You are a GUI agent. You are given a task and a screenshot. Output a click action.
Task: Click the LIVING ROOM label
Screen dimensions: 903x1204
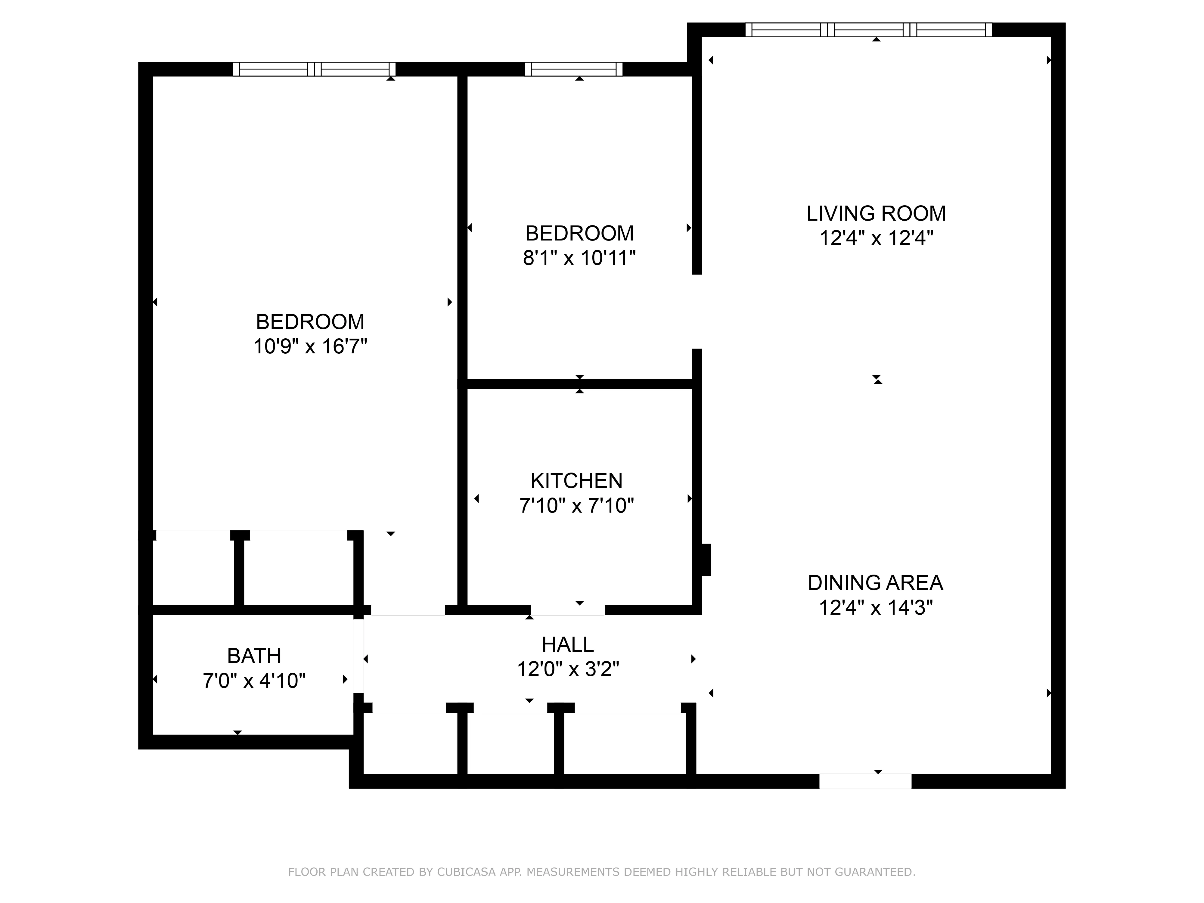coord(876,213)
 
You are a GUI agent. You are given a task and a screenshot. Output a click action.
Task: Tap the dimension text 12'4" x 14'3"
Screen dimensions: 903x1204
coord(876,607)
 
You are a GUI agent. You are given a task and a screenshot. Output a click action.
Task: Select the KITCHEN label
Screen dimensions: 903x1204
coord(576,481)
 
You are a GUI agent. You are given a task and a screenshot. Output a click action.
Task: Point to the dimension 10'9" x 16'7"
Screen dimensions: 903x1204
coord(310,346)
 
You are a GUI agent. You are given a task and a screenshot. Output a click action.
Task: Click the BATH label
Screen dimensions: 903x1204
coord(254,656)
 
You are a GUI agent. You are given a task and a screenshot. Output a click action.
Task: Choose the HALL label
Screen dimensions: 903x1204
coord(568,644)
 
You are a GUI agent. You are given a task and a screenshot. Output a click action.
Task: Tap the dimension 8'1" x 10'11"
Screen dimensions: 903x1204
coord(579,257)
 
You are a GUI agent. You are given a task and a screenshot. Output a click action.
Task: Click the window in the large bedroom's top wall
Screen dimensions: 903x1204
coord(314,69)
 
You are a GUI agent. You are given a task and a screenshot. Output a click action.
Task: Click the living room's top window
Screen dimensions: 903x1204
coord(868,29)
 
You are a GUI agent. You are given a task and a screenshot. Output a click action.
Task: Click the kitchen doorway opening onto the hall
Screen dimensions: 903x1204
coord(568,610)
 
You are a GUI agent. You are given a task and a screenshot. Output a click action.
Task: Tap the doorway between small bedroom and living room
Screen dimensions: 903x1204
coord(697,311)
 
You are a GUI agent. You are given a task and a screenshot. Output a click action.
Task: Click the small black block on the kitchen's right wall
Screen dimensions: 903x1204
coord(706,560)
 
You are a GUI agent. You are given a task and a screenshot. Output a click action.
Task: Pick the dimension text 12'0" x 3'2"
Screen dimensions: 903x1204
coord(568,669)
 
